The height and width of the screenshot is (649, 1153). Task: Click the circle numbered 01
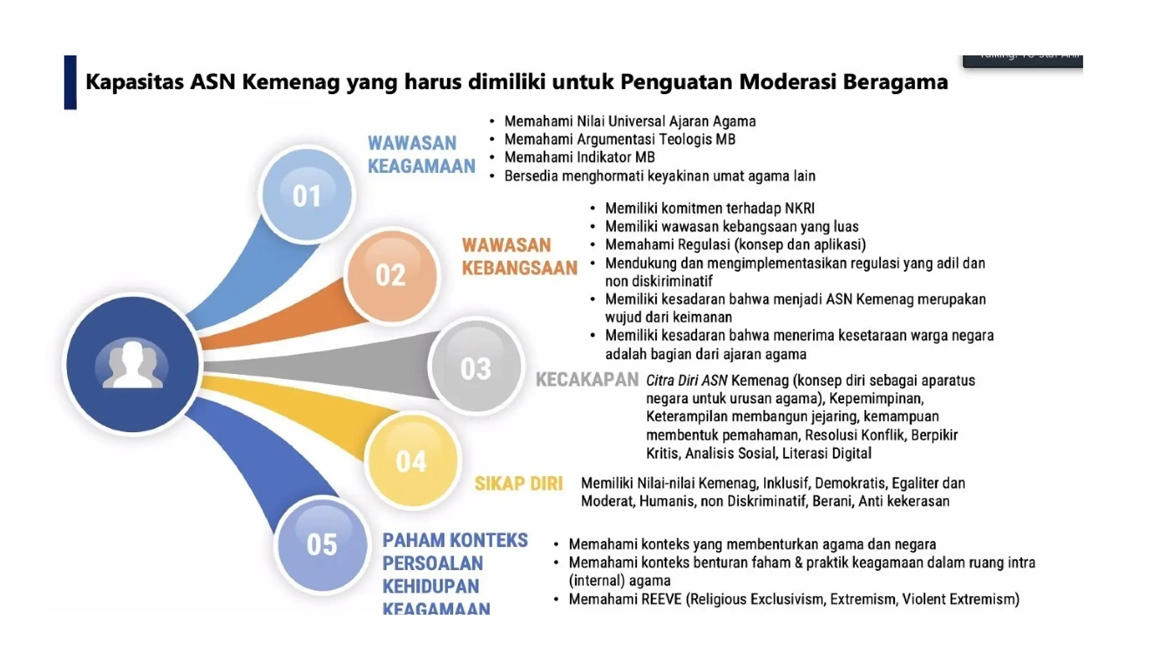tap(307, 195)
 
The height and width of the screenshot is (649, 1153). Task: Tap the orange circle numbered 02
tap(391, 275)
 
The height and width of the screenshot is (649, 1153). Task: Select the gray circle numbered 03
tap(476, 368)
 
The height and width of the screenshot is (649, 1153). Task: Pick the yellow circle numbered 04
tap(412, 461)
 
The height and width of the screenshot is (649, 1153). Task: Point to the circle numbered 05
tap(322, 544)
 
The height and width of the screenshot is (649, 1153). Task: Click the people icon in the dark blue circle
tap(132, 365)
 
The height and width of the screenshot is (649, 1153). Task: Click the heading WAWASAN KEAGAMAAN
tap(421, 154)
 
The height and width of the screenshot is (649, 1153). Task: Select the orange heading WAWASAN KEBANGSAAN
tap(519, 256)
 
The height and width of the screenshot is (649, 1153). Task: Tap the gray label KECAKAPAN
tap(587, 380)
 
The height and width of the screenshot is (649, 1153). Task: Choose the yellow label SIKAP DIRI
tap(519, 483)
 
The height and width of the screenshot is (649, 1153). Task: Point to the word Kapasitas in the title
tap(135, 82)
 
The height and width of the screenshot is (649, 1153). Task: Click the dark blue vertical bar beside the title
tap(70, 82)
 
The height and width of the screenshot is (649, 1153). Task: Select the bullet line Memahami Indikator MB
tap(579, 157)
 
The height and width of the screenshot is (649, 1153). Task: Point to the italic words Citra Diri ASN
tap(686, 380)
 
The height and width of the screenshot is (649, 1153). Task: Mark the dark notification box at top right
tap(1022, 60)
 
